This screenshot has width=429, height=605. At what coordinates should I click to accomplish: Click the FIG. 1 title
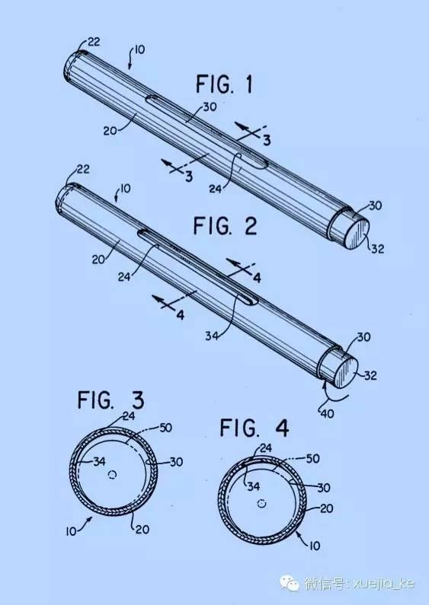pyautogui.click(x=225, y=84)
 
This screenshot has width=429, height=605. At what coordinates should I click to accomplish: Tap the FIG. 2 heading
pyautogui.click(x=226, y=226)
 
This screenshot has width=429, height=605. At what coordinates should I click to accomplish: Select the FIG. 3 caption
pyautogui.click(x=111, y=400)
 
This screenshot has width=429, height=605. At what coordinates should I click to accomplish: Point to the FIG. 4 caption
pyautogui.click(x=255, y=428)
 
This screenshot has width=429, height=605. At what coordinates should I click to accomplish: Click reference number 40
pyautogui.click(x=327, y=414)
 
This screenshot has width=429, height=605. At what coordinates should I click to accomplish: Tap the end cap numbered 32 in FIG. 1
pyautogui.click(x=356, y=234)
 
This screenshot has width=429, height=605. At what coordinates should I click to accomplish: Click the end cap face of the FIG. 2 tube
pyautogui.click(x=345, y=372)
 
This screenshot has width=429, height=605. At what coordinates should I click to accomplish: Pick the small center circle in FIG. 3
pyautogui.click(x=113, y=474)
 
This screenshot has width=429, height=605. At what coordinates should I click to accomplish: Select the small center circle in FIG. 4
pyautogui.click(x=262, y=503)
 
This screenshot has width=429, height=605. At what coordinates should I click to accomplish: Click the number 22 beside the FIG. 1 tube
pyautogui.click(x=93, y=41)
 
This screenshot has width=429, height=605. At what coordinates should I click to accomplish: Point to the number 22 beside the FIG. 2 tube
pyautogui.click(x=82, y=170)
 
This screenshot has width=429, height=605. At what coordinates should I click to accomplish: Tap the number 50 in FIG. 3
pyautogui.click(x=165, y=428)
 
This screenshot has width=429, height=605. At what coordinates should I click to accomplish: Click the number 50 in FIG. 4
pyautogui.click(x=312, y=458)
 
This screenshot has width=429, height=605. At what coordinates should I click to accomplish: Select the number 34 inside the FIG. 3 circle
pyautogui.click(x=99, y=461)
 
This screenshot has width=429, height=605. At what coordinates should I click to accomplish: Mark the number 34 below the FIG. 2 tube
pyautogui.click(x=212, y=336)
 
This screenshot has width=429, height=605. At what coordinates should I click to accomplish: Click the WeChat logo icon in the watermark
pyautogui.click(x=290, y=583)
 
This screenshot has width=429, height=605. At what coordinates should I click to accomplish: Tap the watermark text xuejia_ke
pyautogui.click(x=384, y=583)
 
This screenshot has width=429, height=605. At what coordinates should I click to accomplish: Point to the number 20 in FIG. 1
pyautogui.click(x=110, y=131)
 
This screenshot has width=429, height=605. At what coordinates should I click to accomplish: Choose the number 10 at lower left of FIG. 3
pyautogui.click(x=71, y=531)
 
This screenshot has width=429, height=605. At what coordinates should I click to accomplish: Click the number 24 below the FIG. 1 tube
pyautogui.click(x=216, y=189)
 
